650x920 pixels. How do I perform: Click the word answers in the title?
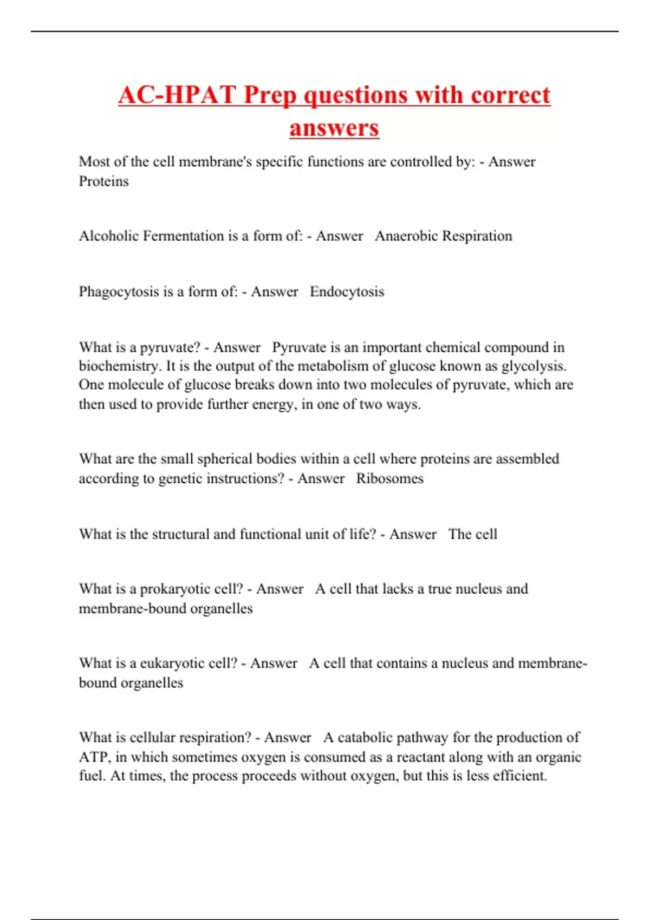pyautogui.click(x=334, y=128)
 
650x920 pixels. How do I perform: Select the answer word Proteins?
pyautogui.click(x=103, y=181)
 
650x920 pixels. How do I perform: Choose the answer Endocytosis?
pyautogui.click(x=347, y=292)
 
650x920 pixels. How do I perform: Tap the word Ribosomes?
pyautogui.click(x=389, y=478)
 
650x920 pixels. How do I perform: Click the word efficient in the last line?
pyautogui.click(x=519, y=776)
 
